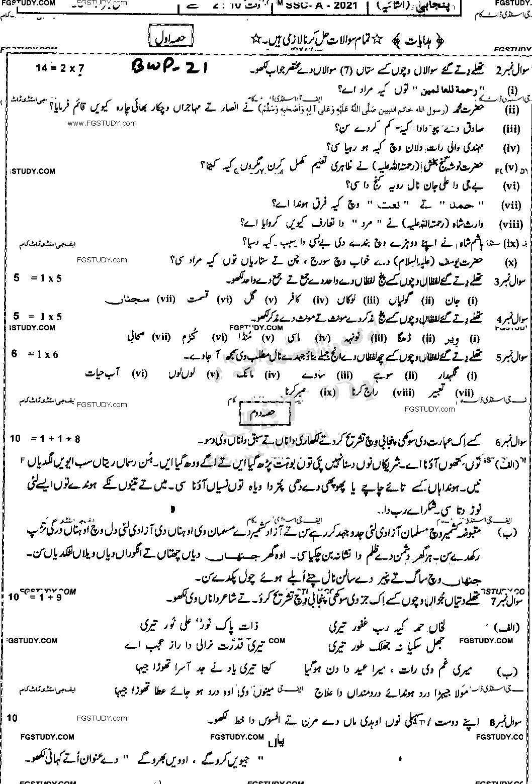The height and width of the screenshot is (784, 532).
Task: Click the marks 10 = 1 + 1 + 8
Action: coord(45,439)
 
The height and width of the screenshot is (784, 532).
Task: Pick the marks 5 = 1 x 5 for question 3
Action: coord(38,278)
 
